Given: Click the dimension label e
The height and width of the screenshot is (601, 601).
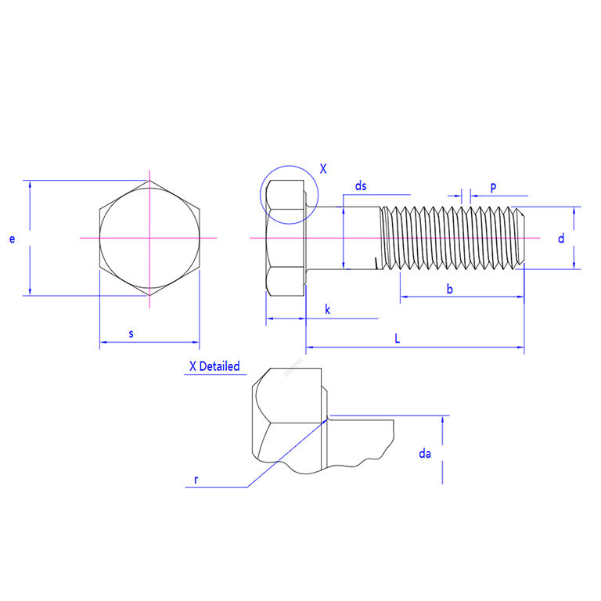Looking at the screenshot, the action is coord(12,239).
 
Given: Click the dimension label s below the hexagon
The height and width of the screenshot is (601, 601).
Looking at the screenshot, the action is coord(131,333).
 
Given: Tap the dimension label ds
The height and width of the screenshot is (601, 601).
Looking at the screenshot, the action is coord(361,186).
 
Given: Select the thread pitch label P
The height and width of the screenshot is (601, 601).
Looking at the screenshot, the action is coord(493,188).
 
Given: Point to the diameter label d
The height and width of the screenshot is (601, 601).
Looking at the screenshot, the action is coord(561,239).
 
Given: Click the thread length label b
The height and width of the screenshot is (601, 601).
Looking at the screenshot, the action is coord(450,289).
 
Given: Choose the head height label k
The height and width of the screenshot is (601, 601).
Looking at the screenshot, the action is coord(327,309).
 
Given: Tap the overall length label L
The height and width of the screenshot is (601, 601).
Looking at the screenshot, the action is coord(397,338).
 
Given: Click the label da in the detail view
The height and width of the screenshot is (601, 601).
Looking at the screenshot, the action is coord(425,454).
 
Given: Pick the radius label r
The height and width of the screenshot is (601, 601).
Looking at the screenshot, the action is coord(196,480).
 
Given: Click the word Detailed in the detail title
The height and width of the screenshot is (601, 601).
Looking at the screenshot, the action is coord(220,366).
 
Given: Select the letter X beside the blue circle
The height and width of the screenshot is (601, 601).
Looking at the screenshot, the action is coord(323,169).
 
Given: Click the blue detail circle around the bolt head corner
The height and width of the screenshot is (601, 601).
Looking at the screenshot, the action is coord(289,195).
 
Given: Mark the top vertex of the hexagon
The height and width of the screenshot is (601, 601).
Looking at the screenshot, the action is coord(149,181).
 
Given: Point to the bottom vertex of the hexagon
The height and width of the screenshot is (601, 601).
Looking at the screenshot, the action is coord(149,296).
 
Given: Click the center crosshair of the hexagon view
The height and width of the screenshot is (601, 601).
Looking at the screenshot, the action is coord(149,238).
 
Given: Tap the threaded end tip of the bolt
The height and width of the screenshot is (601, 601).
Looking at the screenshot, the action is coord(524,238).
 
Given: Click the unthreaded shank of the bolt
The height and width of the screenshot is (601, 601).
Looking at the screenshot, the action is coord(343,238).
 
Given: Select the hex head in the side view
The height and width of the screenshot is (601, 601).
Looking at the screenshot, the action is coord(286,238).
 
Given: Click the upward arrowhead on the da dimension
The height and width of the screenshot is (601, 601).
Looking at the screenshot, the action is coord(442,420).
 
